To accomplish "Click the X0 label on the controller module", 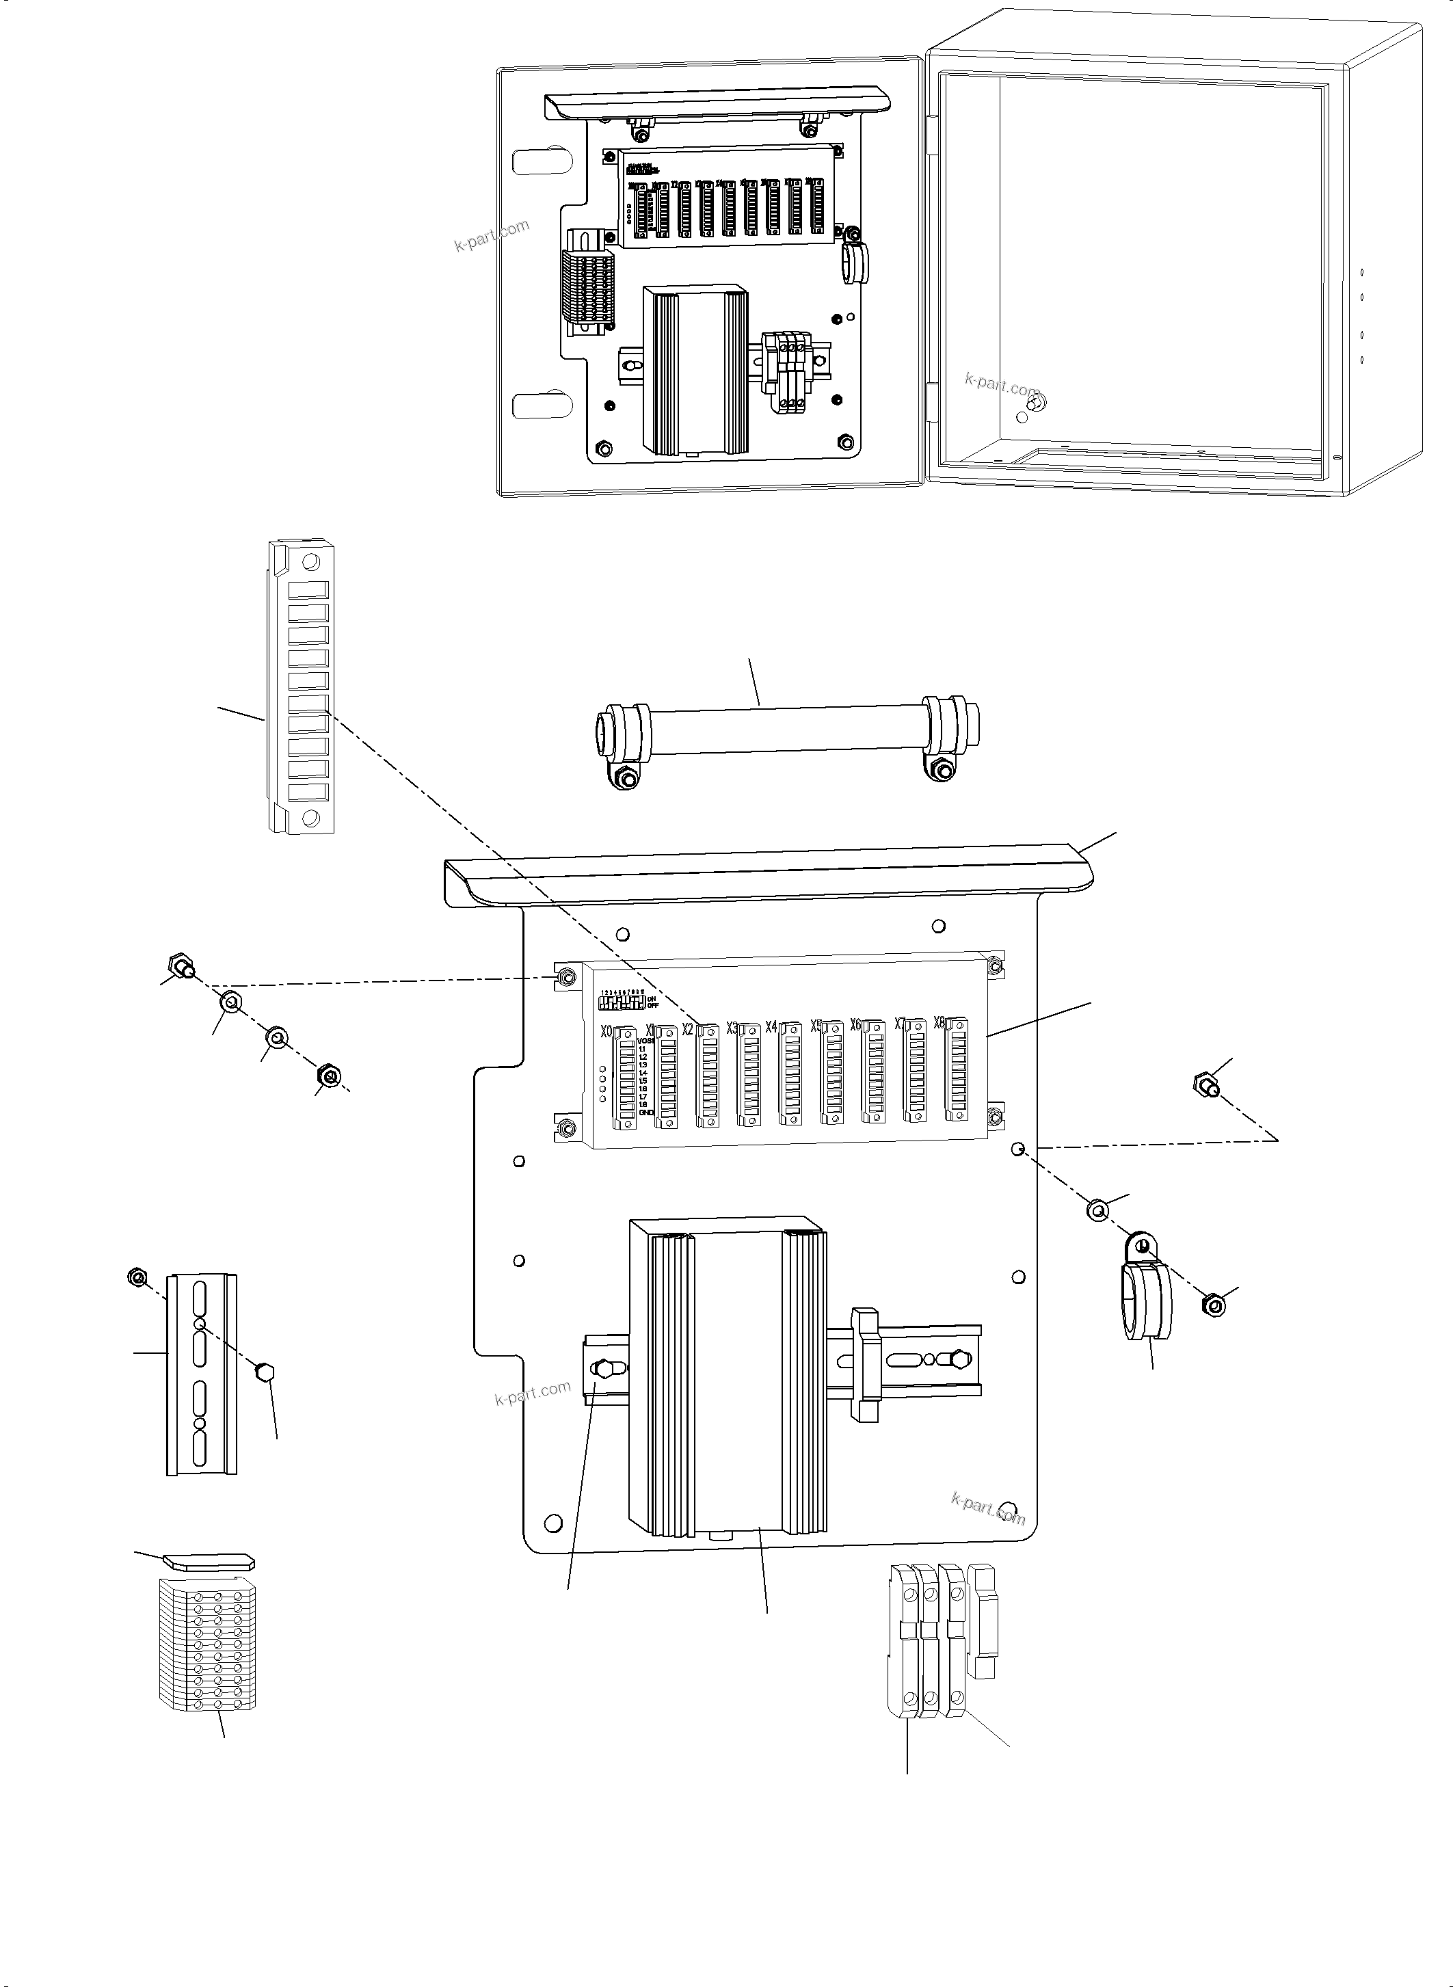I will point(605,1031).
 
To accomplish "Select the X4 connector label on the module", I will point(771,1026).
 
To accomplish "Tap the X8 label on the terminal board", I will point(939,1022).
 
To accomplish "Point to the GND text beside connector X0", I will point(646,1112).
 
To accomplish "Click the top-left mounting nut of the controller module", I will point(565,977).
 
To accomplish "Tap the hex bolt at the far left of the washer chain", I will point(182,965).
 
